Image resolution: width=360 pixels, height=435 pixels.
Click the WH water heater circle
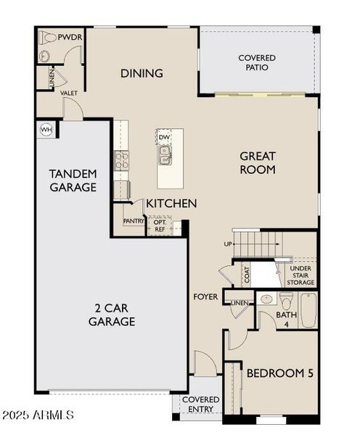point(46,130)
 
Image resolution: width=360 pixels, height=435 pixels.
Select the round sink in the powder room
point(44,57)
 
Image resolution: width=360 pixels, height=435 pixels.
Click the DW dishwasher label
point(164,137)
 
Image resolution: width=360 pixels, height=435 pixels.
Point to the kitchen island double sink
point(165,155)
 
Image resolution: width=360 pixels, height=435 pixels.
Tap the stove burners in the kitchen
point(122,161)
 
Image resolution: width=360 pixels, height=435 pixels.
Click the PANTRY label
point(134,221)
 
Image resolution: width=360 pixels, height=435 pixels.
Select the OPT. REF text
point(160,225)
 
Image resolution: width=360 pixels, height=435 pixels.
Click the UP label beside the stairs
point(228,244)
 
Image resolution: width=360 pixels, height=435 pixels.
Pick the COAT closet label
point(247,275)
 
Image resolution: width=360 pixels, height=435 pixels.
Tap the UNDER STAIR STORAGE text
point(300,275)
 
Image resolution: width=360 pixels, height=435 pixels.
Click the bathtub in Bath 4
point(308,310)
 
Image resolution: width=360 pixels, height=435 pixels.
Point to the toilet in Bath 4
point(286,301)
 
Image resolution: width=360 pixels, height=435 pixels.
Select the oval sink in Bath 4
point(266,299)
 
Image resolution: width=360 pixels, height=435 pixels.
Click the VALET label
point(69,94)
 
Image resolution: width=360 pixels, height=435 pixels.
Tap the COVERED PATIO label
point(257,62)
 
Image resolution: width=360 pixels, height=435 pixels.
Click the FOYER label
point(205,297)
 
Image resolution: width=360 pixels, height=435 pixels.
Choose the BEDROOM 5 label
point(280,373)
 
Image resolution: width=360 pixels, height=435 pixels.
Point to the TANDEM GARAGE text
point(73,181)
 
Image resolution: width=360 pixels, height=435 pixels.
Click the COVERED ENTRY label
point(200,405)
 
